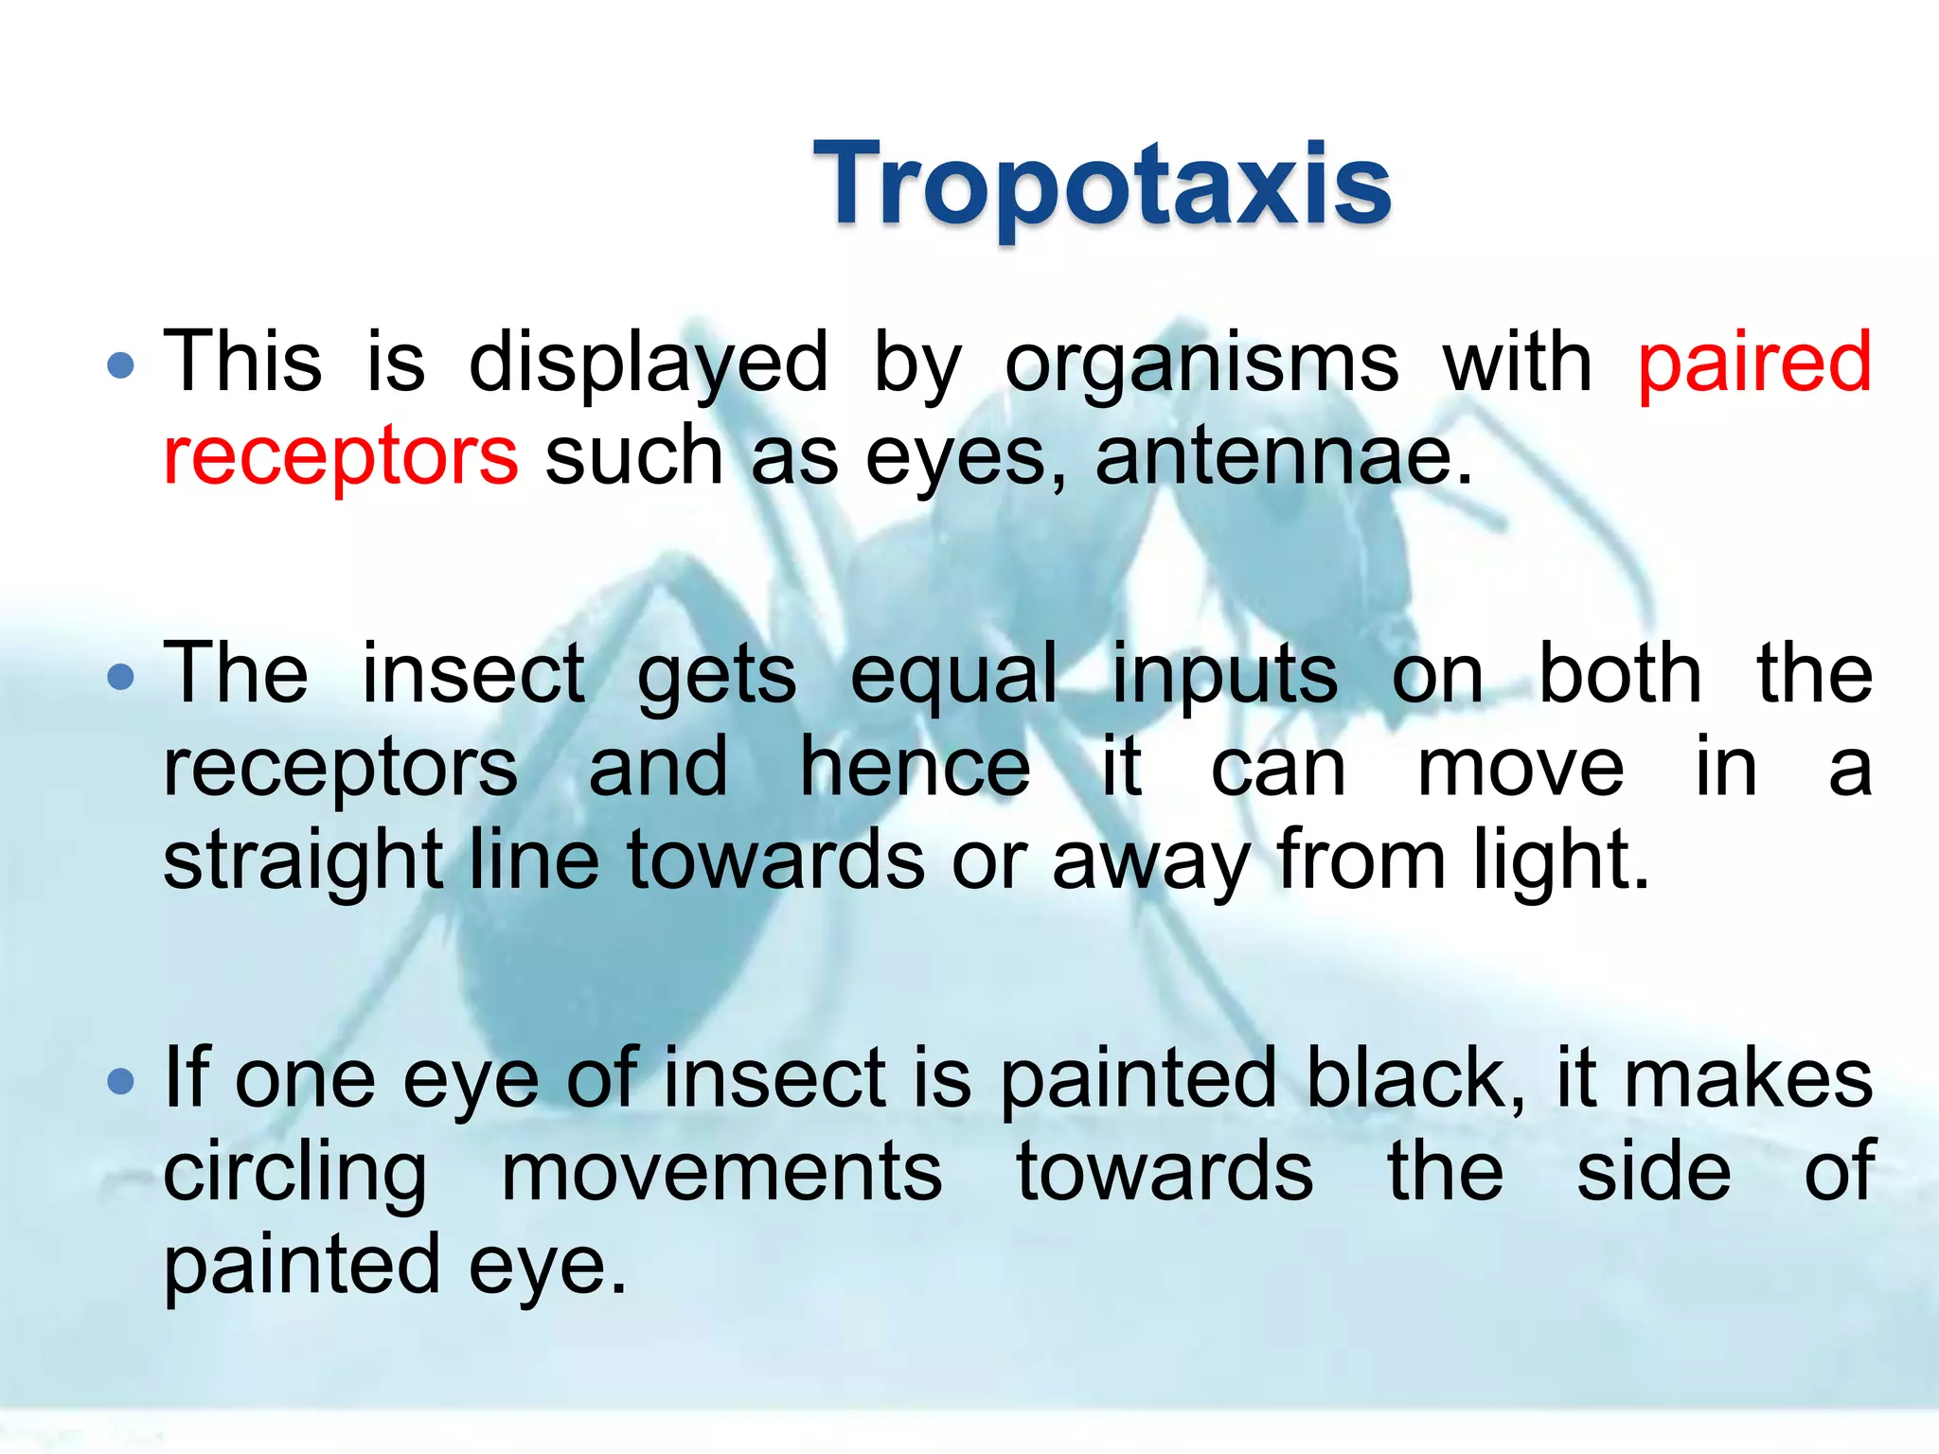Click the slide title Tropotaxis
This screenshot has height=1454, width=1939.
(1102, 184)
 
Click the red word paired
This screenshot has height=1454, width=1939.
(1754, 363)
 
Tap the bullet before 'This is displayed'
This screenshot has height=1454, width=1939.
(121, 365)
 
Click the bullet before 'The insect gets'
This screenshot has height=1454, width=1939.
(121, 677)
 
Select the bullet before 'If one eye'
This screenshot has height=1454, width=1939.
(121, 1081)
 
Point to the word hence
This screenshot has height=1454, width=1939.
(915, 768)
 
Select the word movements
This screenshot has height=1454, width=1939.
(721, 1172)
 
